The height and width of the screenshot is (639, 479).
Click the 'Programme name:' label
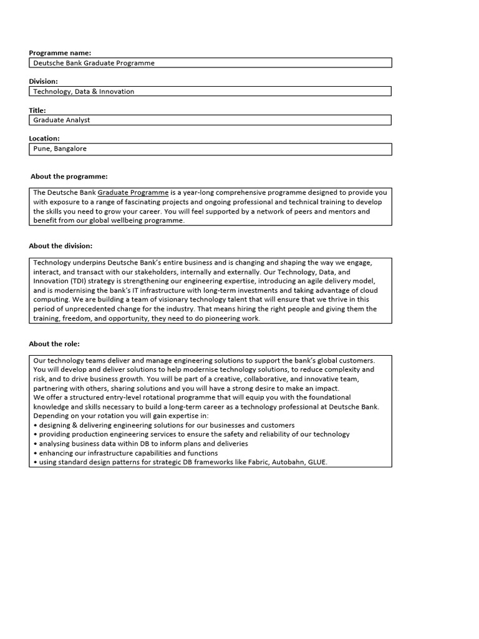tap(60, 53)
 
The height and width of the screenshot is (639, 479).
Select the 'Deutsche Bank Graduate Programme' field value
tap(94, 63)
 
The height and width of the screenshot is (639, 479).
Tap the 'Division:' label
tap(43, 81)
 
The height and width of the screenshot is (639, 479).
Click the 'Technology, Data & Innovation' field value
tap(84, 91)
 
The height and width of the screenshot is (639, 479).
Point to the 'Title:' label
tap(37, 110)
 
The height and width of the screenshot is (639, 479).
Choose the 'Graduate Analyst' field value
tap(61, 120)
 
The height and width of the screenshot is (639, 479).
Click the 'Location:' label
tap(44, 139)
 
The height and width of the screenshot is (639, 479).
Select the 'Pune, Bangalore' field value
tap(60, 149)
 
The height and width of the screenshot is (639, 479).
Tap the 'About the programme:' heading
tap(69, 177)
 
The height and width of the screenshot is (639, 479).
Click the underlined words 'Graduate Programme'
tap(133, 192)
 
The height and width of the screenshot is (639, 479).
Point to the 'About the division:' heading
tap(60, 246)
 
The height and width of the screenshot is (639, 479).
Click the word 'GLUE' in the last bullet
tap(317, 462)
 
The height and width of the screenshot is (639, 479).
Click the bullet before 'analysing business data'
tap(36, 444)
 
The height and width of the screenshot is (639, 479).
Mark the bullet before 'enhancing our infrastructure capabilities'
tap(36, 453)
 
